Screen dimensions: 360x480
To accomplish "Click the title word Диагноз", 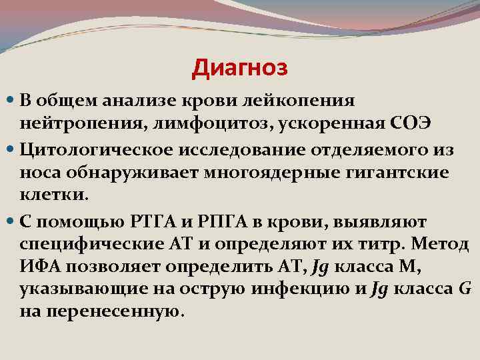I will tap(239, 67).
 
